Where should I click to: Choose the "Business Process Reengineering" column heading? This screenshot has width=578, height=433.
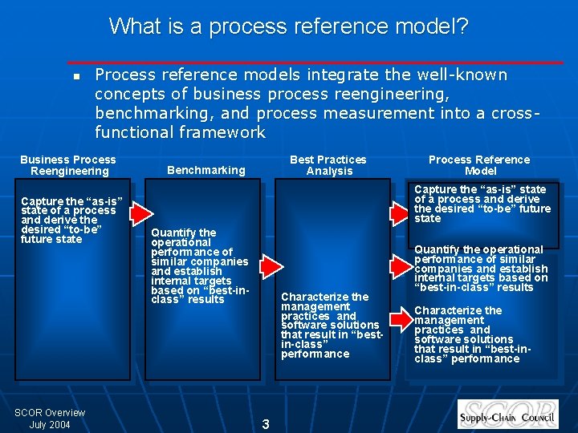click(68, 165)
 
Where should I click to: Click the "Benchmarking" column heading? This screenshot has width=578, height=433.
click(206, 170)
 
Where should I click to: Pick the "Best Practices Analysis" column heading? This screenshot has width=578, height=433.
click(328, 165)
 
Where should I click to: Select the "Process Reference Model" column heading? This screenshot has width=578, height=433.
click(479, 165)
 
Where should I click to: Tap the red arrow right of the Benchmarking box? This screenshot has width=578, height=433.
click(273, 266)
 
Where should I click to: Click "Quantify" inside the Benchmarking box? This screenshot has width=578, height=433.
click(173, 233)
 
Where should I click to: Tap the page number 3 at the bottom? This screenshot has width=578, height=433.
click(267, 423)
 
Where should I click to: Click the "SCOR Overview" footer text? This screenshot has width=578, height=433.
click(50, 413)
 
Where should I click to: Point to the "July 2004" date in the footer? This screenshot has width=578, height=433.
click(50, 424)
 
